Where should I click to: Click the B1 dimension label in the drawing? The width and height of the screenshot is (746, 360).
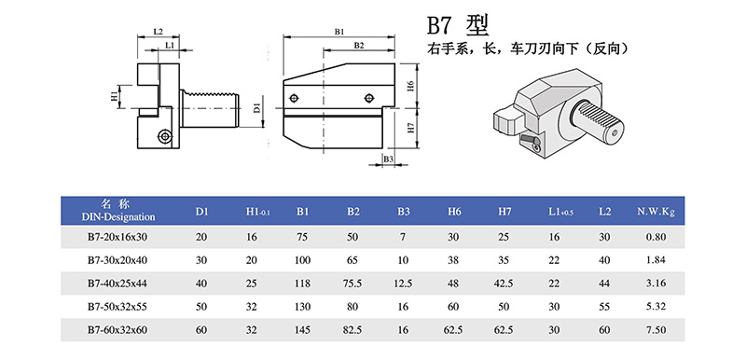338,32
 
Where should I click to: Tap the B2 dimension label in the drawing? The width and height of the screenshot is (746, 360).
359,45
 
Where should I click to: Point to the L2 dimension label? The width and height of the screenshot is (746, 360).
159,32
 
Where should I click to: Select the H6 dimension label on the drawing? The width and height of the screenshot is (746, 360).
412,86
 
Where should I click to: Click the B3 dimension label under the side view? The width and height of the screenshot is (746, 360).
388,159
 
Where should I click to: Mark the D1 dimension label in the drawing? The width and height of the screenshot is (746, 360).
257,108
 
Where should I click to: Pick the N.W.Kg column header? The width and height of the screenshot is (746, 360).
656,212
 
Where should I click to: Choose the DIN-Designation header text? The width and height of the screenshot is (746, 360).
118,217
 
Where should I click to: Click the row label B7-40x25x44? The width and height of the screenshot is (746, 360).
117,284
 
